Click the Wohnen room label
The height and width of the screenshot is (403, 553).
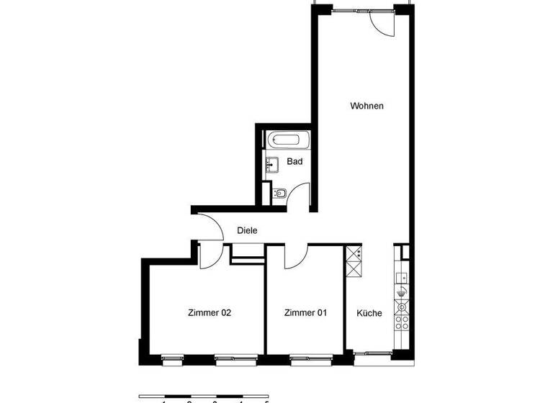click(367, 106)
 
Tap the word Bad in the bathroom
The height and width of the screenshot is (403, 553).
click(295, 161)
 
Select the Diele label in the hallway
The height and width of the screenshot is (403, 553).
click(247, 230)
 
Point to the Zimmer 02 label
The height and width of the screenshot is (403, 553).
click(209, 312)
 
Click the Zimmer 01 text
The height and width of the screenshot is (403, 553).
click(305, 312)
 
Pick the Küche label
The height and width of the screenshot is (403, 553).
click(369, 313)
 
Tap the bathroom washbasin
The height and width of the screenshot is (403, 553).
click(270, 165)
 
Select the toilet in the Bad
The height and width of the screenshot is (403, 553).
click(279, 193)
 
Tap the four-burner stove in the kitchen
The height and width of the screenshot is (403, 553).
click(401, 314)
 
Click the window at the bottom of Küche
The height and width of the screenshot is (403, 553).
click(372, 353)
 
